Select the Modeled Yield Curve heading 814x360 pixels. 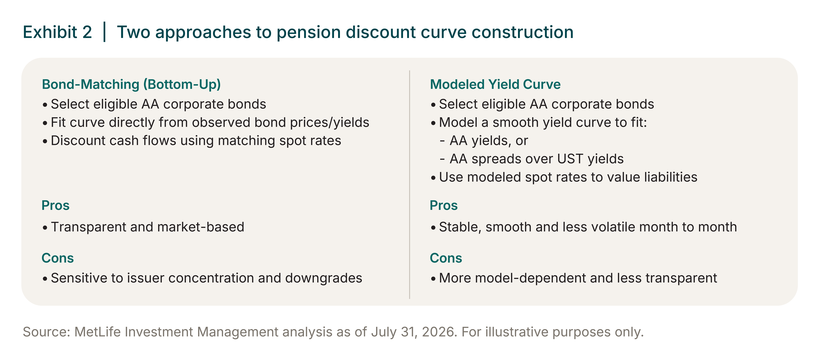pos(495,84)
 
